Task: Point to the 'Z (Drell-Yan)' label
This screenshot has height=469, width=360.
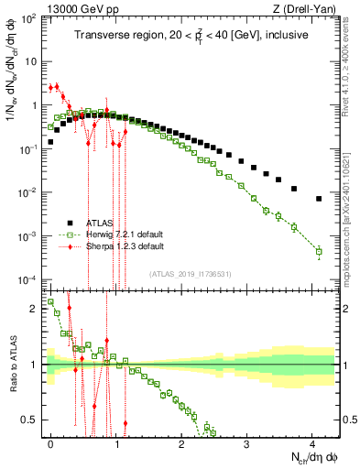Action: [308, 8]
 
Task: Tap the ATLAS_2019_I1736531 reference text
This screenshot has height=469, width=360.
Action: [191, 274]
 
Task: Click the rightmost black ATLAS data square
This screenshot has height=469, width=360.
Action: [319, 199]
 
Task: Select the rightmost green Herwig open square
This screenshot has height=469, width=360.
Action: [319, 251]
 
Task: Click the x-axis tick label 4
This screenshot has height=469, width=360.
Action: [312, 442]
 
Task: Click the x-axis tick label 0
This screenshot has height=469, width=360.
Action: [51, 442]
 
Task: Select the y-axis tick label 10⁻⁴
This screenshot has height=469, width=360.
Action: [27, 279]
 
